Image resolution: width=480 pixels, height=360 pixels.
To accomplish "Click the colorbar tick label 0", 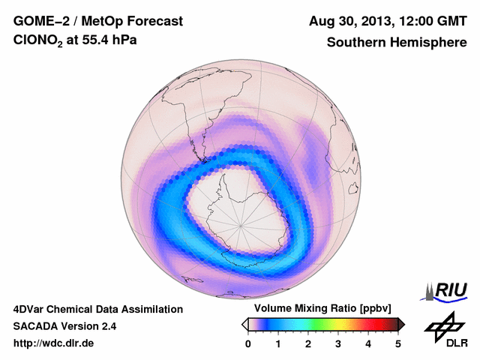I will (x=248, y=344).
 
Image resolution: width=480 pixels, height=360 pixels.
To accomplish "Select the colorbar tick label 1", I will (x=278, y=344).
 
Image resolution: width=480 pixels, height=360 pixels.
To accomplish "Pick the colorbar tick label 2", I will (x=308, y=344).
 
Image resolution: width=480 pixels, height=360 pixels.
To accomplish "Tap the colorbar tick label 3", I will (x=338, y=344).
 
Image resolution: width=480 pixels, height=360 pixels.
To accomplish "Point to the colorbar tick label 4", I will (x=368, y=344).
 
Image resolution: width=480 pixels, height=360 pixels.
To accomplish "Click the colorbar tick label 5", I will (x=398, y=344).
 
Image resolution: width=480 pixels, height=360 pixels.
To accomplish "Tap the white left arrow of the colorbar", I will (x=244, y=324).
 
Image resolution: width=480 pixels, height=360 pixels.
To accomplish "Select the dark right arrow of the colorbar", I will (x=401, y=324).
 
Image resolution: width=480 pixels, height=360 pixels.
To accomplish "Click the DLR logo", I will (x=443, y=331).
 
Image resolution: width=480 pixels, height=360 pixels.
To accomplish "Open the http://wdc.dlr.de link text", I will (x=53, y=344).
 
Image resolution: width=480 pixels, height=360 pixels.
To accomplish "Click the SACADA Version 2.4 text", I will (x=64, y=326).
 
